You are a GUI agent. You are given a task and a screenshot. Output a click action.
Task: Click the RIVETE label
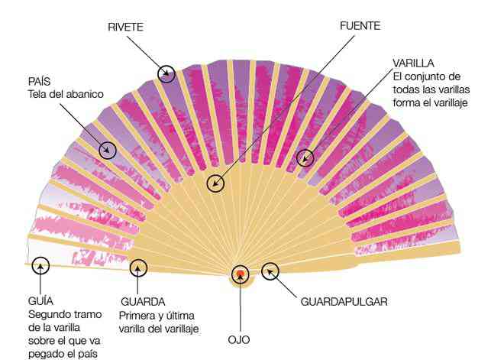click(x=125, y=27)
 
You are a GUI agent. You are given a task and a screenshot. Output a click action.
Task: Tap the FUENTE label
click(x=360, y=26)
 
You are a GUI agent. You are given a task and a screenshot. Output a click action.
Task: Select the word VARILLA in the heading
click(x=413, y=63)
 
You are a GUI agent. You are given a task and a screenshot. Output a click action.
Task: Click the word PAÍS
click(x=39, y=81)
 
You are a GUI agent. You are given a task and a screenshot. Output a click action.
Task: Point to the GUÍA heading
click(x=40, y=301)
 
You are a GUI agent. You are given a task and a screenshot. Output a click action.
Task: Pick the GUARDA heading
click(x=143, y=302)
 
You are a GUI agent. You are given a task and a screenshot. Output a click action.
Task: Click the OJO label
click(x=239, y=340)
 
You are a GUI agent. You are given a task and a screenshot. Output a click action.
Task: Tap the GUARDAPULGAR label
click(x=344, y=302)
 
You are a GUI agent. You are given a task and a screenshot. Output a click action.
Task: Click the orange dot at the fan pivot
click(x=241, y=274)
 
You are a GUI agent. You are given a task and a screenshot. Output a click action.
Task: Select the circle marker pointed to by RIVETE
click(x=166, y=66)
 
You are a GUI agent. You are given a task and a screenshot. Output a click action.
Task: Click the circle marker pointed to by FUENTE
click(x=215, y=175)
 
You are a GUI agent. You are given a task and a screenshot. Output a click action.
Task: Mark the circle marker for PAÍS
click(x=108, y=141)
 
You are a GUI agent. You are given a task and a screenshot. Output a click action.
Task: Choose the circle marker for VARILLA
click(x=305, y=149)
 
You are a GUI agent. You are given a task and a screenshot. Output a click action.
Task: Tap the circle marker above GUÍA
click(x=40, y=257)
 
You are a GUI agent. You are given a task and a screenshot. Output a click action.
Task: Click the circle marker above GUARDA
click(x=138, y=259)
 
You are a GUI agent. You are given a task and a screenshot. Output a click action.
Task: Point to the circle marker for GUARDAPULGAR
click(x=270, y=263)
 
